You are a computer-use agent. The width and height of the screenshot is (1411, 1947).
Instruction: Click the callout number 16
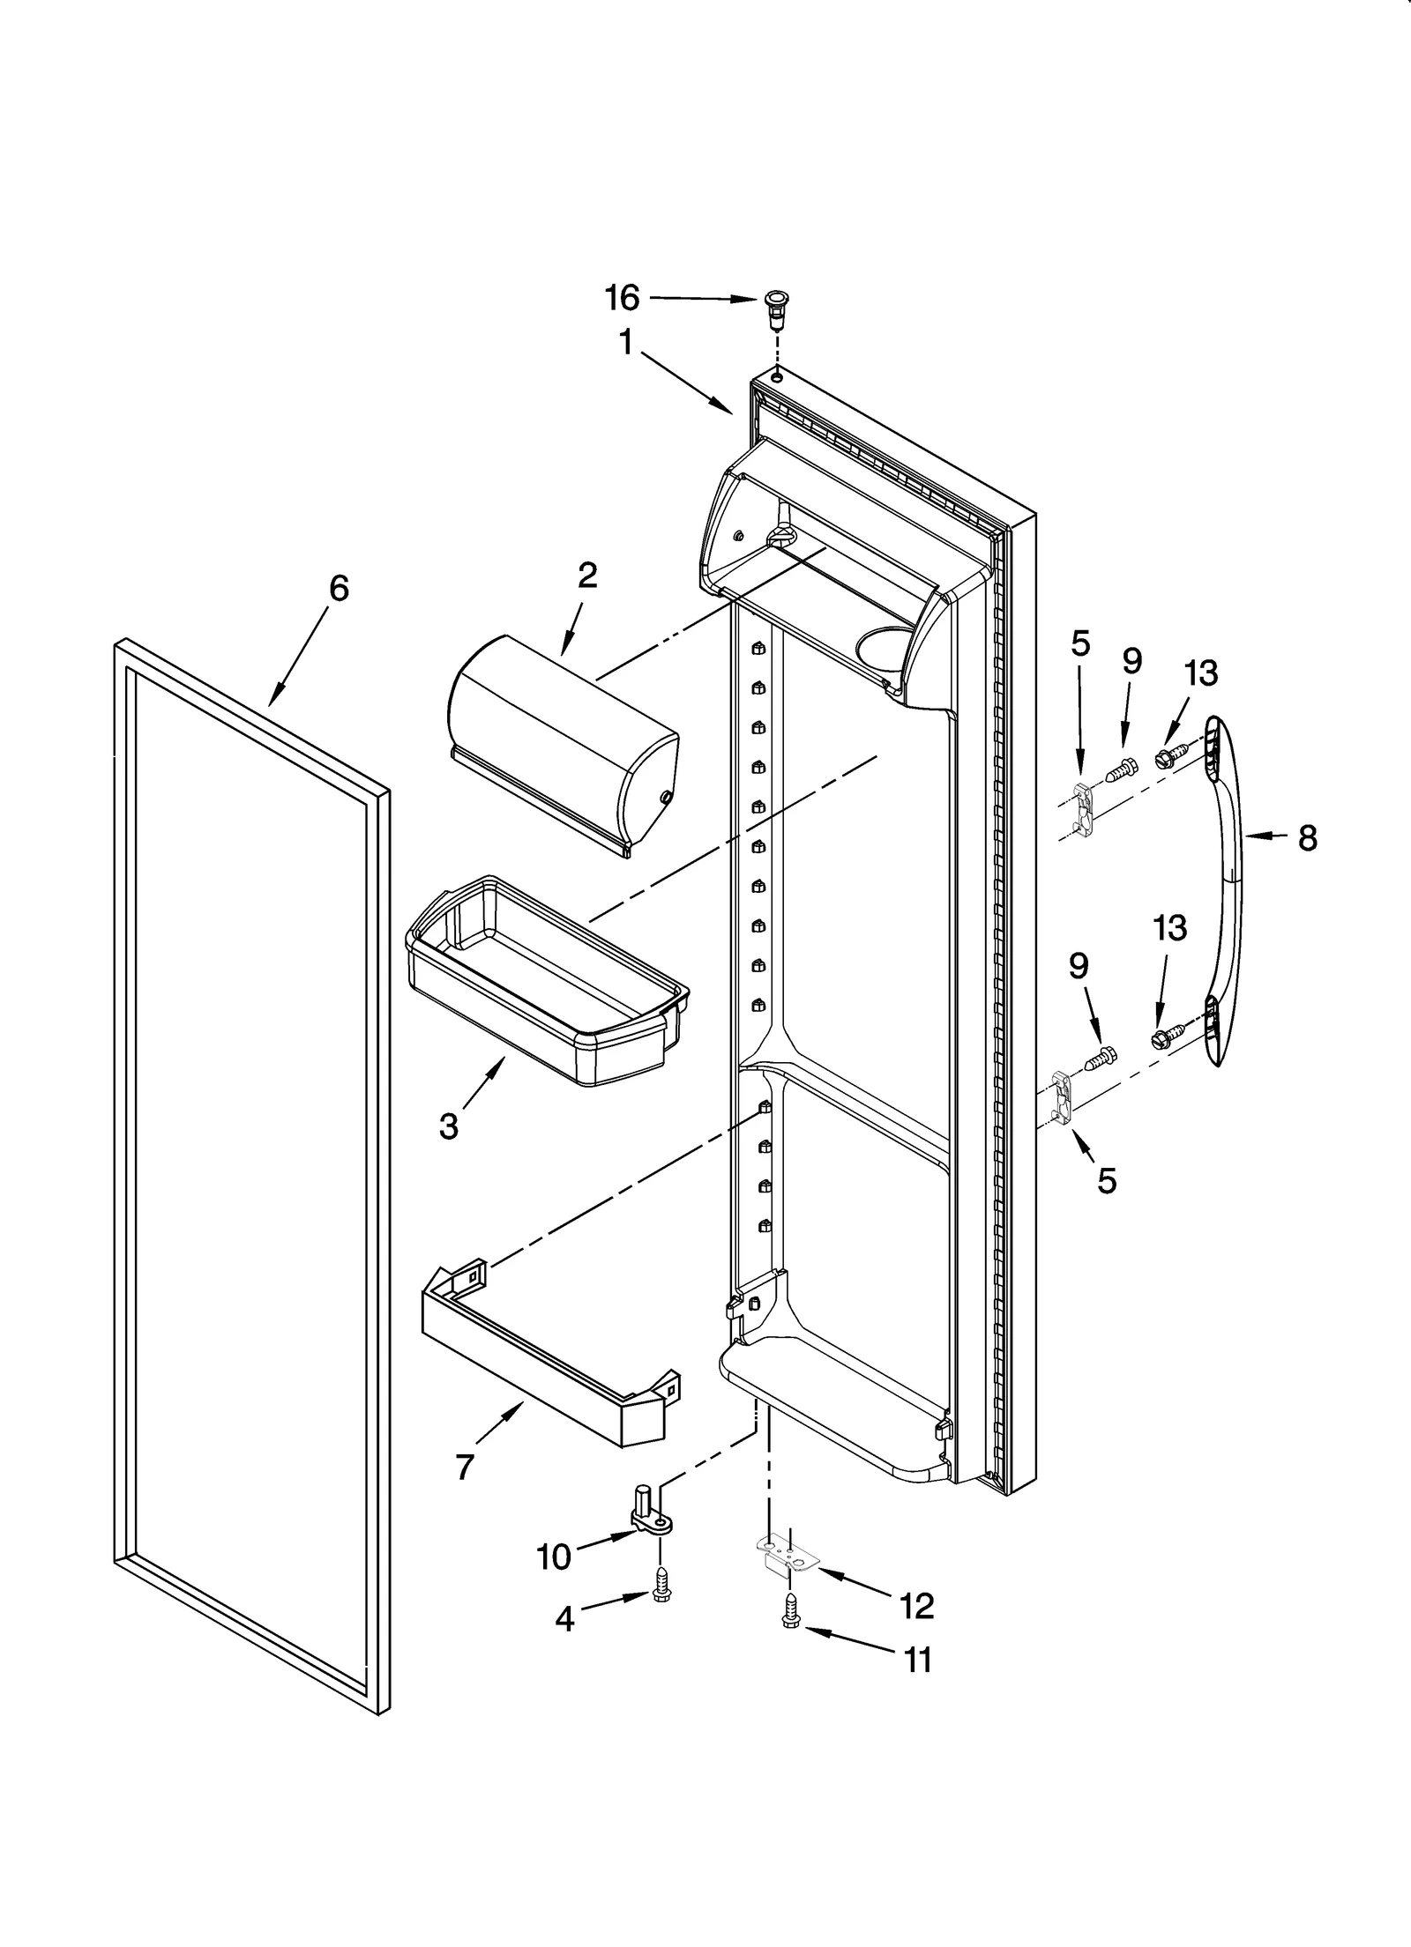(x=622, y=298)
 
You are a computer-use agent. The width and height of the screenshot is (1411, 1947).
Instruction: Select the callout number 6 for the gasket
(x=339, y=588)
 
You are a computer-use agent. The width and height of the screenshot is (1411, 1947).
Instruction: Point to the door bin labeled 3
(x=547, y=978)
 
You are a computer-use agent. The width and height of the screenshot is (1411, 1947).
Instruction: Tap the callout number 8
(x=1307, y=837)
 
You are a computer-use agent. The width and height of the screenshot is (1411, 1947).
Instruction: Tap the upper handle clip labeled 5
(x=1085, y=807)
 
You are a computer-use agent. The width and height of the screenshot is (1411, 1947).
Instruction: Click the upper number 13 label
(x=1200, y=673)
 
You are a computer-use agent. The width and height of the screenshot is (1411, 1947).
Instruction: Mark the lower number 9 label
(x=1079, y=966)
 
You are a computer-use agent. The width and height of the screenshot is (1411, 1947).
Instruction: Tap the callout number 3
(x=448, y=1126)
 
